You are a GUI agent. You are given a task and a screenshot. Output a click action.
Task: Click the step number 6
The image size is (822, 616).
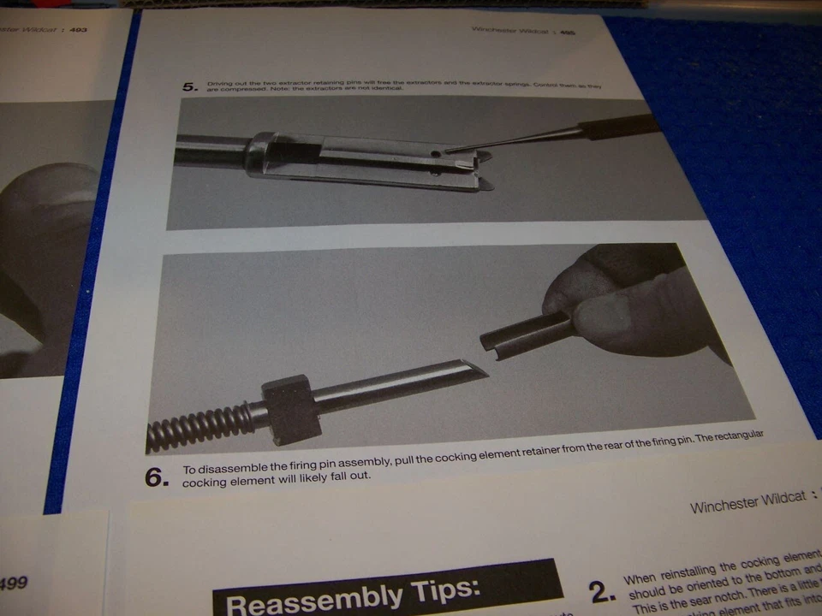(x=156, y=477)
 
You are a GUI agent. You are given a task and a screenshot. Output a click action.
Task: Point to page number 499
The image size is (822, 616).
(x=12, y=583)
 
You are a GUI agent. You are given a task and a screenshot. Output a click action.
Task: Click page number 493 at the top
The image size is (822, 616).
(x=78, y=30)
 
